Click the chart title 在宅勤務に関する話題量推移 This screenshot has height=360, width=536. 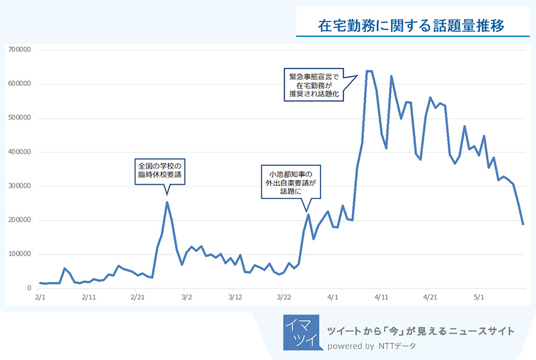412,26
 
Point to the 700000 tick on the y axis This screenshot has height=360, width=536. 20,50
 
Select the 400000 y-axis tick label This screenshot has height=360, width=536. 20,153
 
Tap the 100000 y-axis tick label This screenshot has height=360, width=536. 20,255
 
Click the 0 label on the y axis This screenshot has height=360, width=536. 28,288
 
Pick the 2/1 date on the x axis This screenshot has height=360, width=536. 40,296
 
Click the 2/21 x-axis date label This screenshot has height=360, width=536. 137,296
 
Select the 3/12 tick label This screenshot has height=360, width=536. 235,296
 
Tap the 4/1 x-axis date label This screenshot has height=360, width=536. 332,296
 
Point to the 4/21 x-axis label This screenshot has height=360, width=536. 429,296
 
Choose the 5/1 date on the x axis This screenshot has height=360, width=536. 478,296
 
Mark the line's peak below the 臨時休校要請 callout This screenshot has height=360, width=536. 167,202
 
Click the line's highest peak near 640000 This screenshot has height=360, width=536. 369,72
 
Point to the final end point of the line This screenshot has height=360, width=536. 523,224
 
